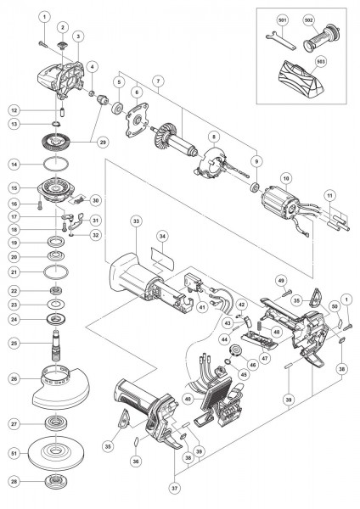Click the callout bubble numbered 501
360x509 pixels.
[x=282, y=18]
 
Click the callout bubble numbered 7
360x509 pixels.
[x=156, y=83]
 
